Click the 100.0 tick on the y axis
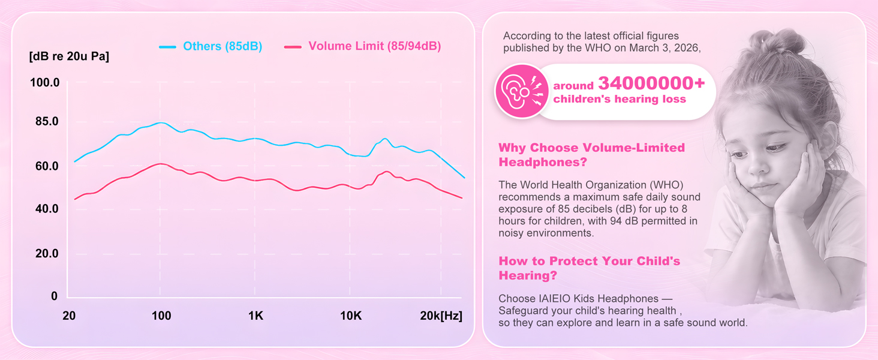click(45, 82)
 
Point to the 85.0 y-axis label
click(47, 121)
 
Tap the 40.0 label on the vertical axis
click(47, 208)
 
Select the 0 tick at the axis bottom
click(54, 296)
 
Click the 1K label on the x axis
click(255, 315)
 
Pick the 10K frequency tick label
click(351, 315)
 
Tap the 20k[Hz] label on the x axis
click(441, 315)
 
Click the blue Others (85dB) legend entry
click(211, 46)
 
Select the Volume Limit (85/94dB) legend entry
click(363, 46)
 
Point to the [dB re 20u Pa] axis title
click(69, 56)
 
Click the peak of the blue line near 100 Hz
click(161, 123)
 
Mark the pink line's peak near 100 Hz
click(161, 164)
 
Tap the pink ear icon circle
click(522, 92)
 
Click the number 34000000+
click(651, 83)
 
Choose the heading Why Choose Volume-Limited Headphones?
click(591, 155)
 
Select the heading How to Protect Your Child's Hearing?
click(589, 268)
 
